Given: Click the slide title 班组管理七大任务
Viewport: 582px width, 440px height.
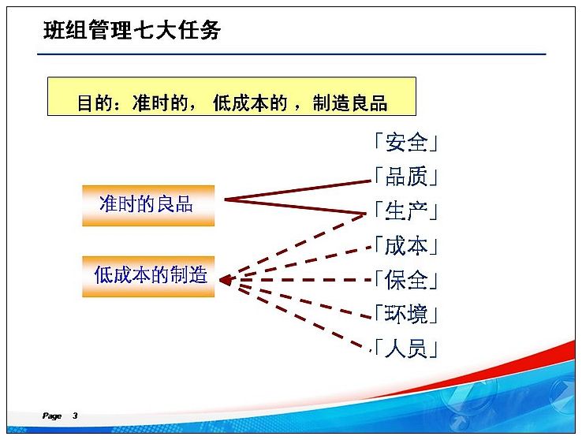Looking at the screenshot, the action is coord(132,30).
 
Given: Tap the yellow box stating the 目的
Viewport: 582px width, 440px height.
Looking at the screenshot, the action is coord(232,96).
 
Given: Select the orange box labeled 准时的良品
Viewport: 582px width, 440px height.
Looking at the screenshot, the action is coord(148,205).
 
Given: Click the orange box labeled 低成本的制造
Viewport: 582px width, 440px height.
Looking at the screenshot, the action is coord(148,277).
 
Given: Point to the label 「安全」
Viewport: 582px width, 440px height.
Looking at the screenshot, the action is coord(405,143).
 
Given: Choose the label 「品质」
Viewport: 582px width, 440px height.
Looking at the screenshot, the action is coord(405,177).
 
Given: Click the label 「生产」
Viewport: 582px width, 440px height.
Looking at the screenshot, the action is coord(405,211).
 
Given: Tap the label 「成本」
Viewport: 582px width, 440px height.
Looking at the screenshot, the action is coord(405,245).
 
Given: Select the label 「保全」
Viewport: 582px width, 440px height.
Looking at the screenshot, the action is coord(405,280).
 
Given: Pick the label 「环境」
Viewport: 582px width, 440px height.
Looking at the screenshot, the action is coord(405,315).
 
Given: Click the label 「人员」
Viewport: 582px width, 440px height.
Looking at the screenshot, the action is coord(405,349).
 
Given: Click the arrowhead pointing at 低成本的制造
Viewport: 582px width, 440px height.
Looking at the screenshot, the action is coord(226,280).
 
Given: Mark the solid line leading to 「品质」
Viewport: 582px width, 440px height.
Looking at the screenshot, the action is coord(297,190).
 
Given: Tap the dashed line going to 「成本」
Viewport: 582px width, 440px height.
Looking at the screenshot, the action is coord(304,262).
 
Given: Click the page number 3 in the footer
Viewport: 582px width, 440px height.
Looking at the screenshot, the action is coord(75,416).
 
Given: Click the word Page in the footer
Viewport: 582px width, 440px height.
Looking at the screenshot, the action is coord(52,416).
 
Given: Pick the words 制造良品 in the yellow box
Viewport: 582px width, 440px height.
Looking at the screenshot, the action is coord(350,103).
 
